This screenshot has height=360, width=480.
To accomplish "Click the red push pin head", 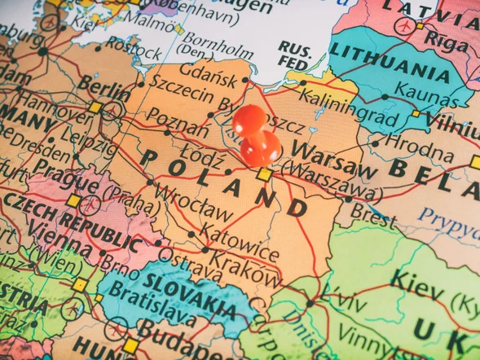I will click(x=250, y=121).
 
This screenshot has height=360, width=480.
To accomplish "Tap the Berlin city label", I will click(x=103, y=86).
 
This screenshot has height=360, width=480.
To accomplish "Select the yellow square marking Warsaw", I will click(x=263, y=174).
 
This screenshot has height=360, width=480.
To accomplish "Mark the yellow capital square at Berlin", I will click(x=95, y=108).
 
